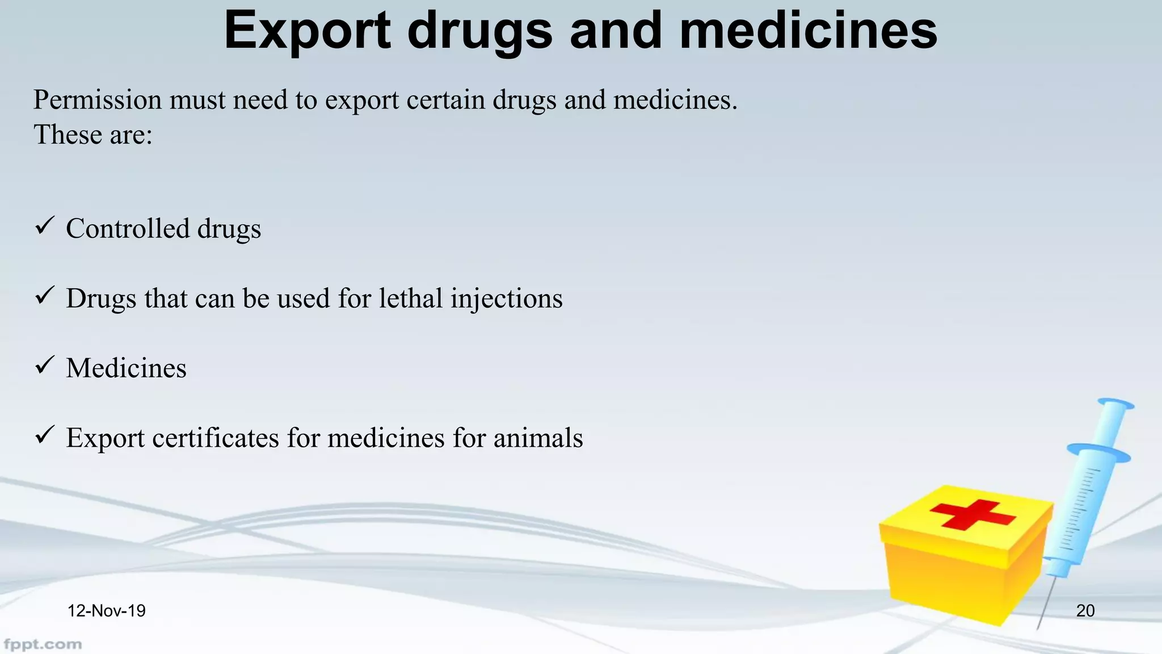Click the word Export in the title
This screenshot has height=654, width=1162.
point(307,31)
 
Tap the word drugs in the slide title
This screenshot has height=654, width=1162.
point(479,31)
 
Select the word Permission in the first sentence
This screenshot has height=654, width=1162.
point(98,100)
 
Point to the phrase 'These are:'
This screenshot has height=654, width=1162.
point(93,135)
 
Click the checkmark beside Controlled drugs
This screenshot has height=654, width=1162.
point(44,226)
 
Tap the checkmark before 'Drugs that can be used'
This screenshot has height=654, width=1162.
point(44,296)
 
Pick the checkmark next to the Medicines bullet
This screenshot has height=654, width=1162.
point(44,366)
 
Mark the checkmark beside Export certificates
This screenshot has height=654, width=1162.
point(44,435)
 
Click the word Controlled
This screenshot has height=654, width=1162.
point(128,228)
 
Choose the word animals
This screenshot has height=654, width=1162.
point(538,438)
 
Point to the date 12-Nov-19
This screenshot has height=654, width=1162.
point(106,611)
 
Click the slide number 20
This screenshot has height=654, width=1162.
point(1085,611)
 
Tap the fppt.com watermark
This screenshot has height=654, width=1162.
point(43,644)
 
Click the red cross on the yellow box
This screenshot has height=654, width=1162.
point(972,514)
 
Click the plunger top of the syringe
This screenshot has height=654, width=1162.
point(1115,404)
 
